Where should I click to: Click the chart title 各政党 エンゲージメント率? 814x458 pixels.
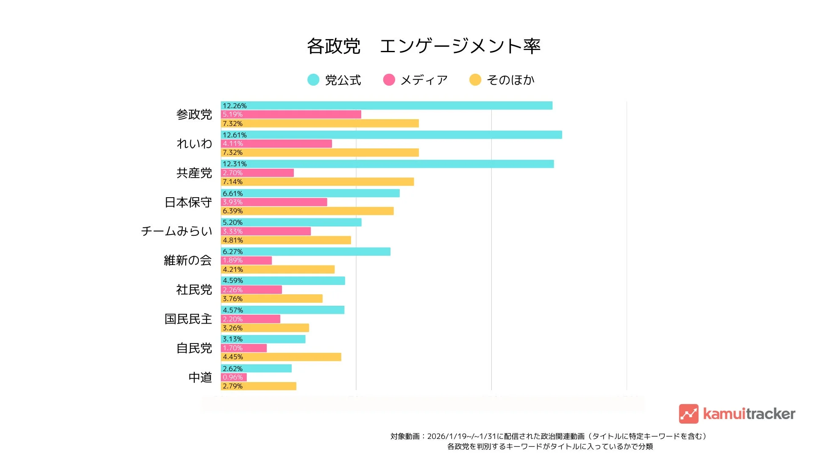tap(424, 46)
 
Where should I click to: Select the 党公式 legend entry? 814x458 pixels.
tap(335, 80)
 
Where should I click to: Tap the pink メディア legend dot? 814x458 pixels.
tap(389, 80)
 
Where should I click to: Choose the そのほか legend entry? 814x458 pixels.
tap(502, 80)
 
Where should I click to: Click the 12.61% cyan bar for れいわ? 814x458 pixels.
tap(391, 135)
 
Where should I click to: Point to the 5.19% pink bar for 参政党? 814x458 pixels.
tap(291, 114)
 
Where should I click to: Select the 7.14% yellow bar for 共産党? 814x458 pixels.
tap(317, 182)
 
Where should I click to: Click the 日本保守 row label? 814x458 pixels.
tap(188, 202)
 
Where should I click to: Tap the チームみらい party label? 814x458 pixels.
tap(176, 231)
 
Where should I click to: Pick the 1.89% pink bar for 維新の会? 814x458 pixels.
tap(246, 260)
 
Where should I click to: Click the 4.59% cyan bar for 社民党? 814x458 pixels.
tap(283, 281)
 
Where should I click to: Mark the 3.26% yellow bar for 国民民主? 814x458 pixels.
tap(265, 328)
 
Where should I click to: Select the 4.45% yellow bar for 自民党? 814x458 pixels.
tap(281, 357)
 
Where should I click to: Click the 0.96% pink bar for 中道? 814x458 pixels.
tap(234, 377)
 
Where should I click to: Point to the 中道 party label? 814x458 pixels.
tap(200, 377)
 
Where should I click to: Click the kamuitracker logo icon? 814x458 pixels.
tap(689, 414)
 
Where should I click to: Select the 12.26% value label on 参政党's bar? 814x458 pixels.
tap(234, 106)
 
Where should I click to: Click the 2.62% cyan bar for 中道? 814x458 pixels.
tap(256, 369)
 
